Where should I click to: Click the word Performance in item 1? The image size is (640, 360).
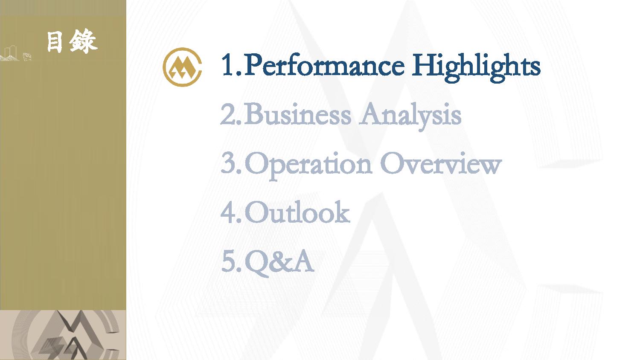[x=324, y=66]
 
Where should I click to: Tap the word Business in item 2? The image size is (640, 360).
[x=297, y=114]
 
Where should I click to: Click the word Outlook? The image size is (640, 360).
[x=297, y=212]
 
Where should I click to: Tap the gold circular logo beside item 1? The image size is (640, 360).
[x=182, y=67]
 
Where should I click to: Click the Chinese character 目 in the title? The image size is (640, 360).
[x=55, y=42]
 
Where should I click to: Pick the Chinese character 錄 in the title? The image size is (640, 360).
[x=83, y=41]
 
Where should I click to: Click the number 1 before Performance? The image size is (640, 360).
[x=228, y=65]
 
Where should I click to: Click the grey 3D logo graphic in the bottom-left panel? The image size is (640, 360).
[x=66, y=335]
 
